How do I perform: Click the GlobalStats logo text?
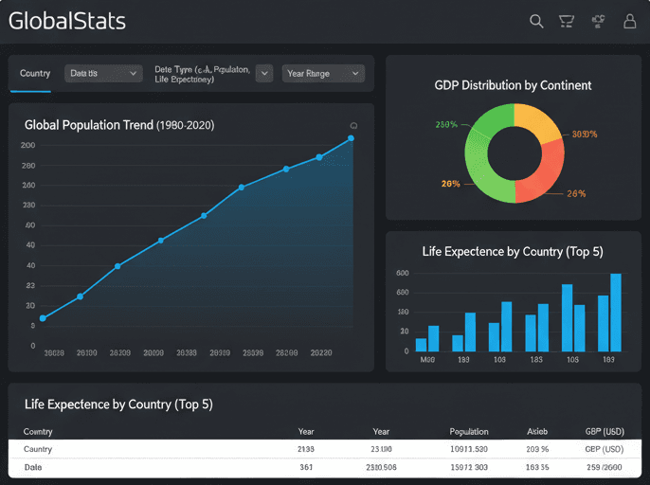66,21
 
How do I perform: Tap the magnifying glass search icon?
536,21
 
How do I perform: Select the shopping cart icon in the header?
567,21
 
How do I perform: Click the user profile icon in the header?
630,21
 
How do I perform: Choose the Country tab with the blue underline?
35,73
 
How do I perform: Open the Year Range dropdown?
323,73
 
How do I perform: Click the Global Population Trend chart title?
118,124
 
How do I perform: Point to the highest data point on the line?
351,138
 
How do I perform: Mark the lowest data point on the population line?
43,318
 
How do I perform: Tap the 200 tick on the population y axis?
27,145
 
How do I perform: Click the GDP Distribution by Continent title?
513,85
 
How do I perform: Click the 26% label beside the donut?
576,193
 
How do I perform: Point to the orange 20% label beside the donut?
450,184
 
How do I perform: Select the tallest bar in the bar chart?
616,312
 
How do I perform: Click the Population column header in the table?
469,431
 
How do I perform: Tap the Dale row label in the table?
33,467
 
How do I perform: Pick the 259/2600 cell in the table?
604,467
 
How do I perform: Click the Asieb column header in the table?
537,431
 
